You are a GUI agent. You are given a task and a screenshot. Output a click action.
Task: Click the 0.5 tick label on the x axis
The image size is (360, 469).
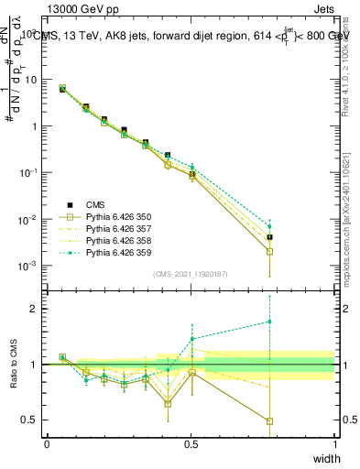(x=191, y=443)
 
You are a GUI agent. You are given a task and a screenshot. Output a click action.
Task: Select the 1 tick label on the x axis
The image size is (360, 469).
(x=334, y=443)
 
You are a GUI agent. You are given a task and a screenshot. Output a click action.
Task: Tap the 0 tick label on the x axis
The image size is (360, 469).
(x=47, y=443)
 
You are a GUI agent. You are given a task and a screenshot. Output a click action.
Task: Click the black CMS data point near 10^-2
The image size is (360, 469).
(x=269, y=237)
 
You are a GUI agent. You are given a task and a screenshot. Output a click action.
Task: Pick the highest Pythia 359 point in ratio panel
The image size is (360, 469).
(x=269, y=322)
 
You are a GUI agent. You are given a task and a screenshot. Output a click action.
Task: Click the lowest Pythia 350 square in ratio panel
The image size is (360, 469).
(x=269, y=421)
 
